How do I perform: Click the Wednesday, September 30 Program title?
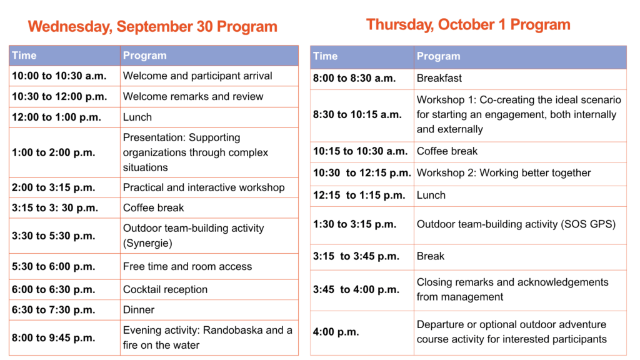[x=152, y=26]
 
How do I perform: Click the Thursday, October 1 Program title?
[x=468, y=24]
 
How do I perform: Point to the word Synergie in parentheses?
[x=147, y=243]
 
